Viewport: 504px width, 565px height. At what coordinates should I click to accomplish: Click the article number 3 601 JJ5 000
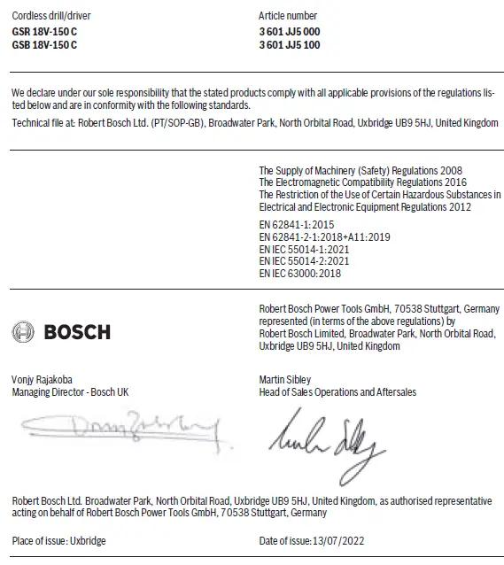click(289, 32)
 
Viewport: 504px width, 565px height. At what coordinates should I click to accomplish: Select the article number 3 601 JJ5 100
click(289, 44)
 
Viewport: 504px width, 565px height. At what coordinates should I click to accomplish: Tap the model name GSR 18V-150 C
click(44, 32)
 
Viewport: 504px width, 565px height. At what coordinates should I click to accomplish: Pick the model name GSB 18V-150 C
click(44, 44)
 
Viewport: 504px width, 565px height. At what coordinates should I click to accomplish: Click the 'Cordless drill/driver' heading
click(51, 16)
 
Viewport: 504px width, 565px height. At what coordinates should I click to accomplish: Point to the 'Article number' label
click(287, 16)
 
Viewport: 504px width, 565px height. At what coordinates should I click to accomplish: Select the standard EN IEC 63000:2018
click(299, 274)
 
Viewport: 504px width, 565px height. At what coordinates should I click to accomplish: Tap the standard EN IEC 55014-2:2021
click(303, 261)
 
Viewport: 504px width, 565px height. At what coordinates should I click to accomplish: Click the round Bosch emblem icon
click(23, 332)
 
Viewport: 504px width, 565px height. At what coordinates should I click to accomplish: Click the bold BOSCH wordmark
click(77, 332)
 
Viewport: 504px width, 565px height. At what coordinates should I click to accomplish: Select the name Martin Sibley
click(284, 380)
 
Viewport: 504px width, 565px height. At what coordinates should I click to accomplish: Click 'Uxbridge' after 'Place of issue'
click(88, 540)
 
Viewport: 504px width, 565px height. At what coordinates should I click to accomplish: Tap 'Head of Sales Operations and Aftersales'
click(337, 391)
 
